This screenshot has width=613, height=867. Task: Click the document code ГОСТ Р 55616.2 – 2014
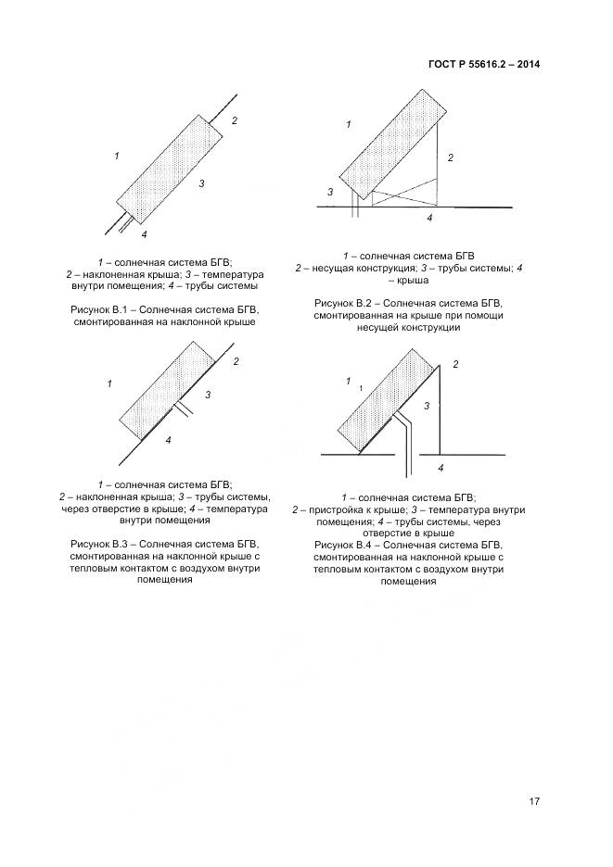[x=485, y=64]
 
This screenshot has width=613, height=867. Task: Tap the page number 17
[x=534, y=801]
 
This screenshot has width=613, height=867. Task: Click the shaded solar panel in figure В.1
[x=169, y=168]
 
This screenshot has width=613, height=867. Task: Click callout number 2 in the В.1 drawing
[x=235, y=120]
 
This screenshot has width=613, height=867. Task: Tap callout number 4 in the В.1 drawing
[x=144, y=234]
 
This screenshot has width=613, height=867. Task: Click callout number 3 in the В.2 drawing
[x=330, y=192]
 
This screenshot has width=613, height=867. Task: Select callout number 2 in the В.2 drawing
[x=450, y=158]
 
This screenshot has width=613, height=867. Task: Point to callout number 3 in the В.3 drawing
[x=208, y=396]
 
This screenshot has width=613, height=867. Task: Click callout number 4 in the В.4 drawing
[x=441, y=468]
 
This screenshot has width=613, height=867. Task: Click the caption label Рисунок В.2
[x=343, y=303]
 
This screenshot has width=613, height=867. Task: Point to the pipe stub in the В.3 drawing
[x=183, y=408]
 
